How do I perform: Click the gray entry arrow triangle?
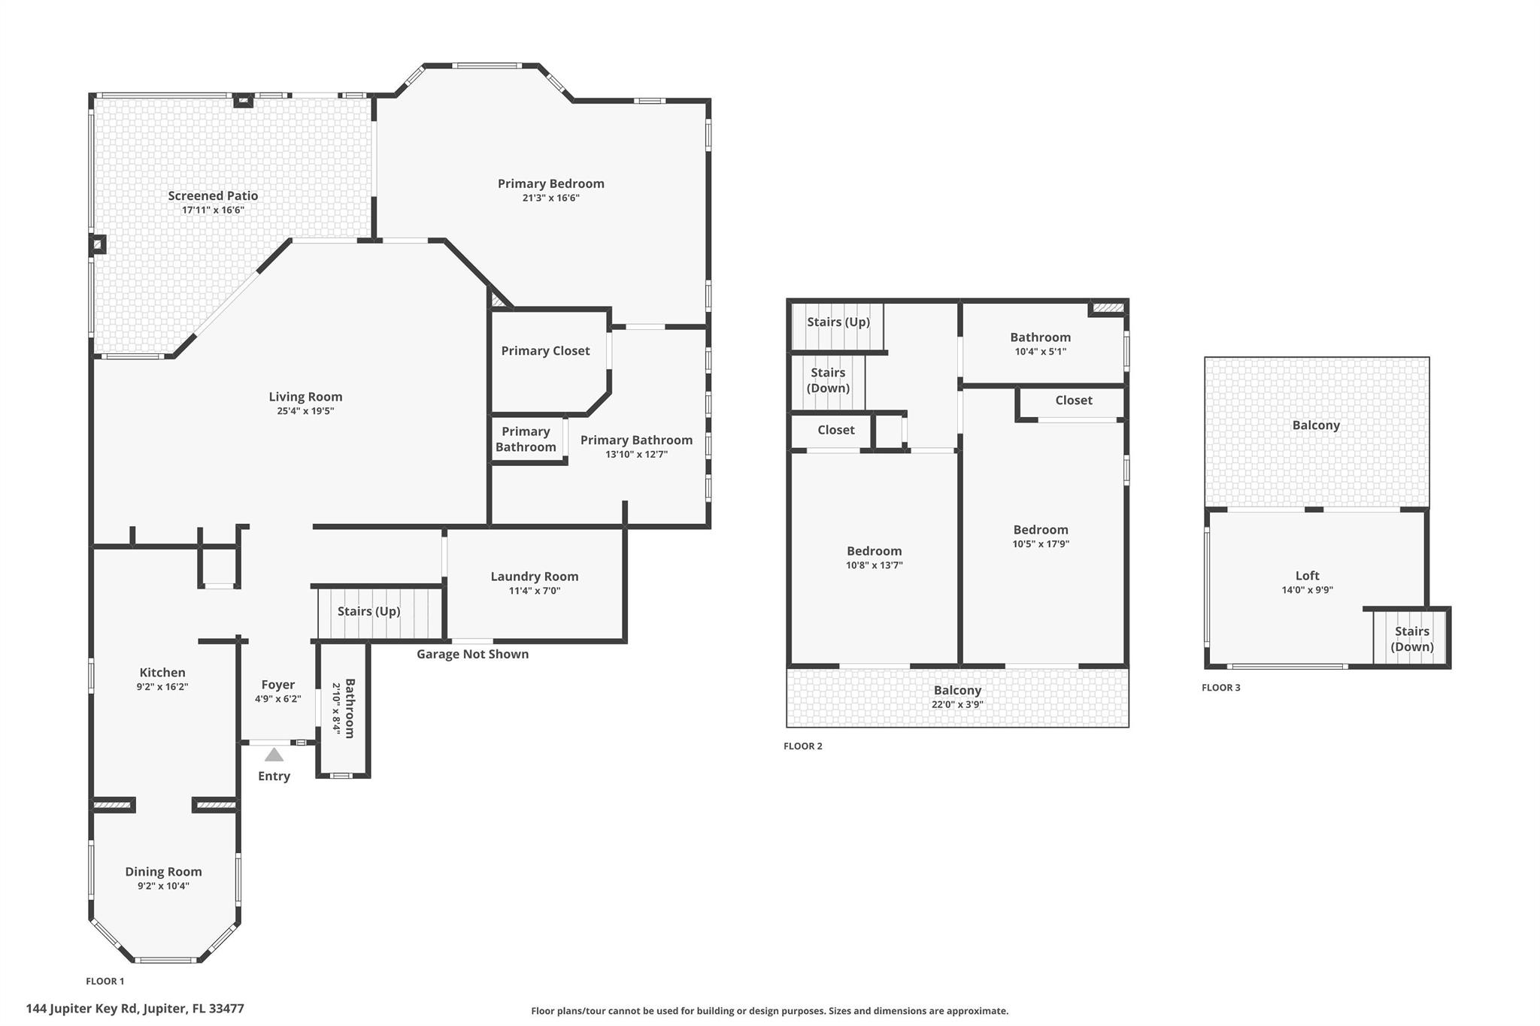pos(274,755)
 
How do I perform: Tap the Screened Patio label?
pos(213,195)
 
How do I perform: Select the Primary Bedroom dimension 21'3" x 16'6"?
pos(551,198)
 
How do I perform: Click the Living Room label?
pos(305,397)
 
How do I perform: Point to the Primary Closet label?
pos(545,351)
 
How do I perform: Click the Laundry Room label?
pos(535,577)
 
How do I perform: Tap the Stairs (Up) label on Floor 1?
pos(368,611)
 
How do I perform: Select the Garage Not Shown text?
pos(472,654)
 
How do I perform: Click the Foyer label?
pos(277,685)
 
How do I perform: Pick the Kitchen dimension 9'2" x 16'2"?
pos(162,687)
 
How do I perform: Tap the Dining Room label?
pos(163,872)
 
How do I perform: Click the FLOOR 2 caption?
pos(803,746)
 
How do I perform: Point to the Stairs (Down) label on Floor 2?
pos(828,380)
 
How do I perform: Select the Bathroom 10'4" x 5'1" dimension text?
pos(1040,352)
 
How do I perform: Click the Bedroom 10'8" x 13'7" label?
pos(874,551)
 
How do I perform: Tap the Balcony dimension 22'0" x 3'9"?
pos(957,705)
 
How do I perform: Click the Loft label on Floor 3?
pos(1307,576)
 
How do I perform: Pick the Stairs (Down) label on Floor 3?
pos(1411,639)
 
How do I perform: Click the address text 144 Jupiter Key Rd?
pos(135,1009)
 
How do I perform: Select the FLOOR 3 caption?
pos(1221,688)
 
